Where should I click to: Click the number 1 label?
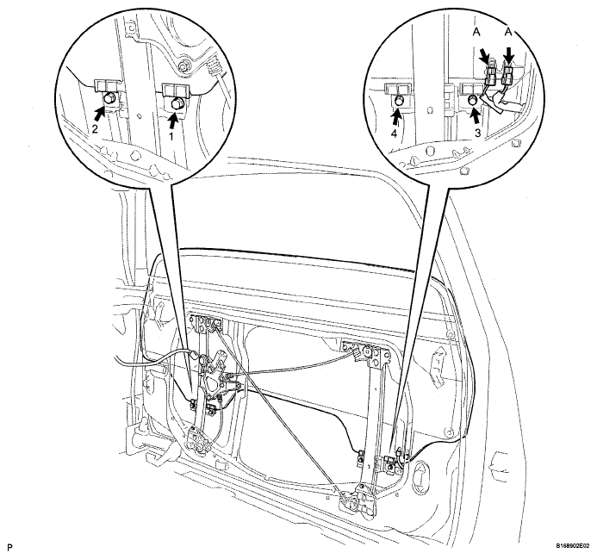[171, 136]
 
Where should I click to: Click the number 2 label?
[95, 128]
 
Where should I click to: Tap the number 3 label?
[477, 133]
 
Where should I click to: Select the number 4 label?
[394, 134]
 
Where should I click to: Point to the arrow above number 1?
[174, 121]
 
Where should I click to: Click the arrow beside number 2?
[100, 114]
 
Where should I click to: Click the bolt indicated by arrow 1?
[177, 103]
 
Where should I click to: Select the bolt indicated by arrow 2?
[109, 99]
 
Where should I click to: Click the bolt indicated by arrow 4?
[399, 101]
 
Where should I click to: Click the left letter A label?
[476, 33]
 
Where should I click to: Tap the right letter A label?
[508, 33]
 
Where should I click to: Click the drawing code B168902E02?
[571, 547]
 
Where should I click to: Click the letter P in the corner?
[9, 548]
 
